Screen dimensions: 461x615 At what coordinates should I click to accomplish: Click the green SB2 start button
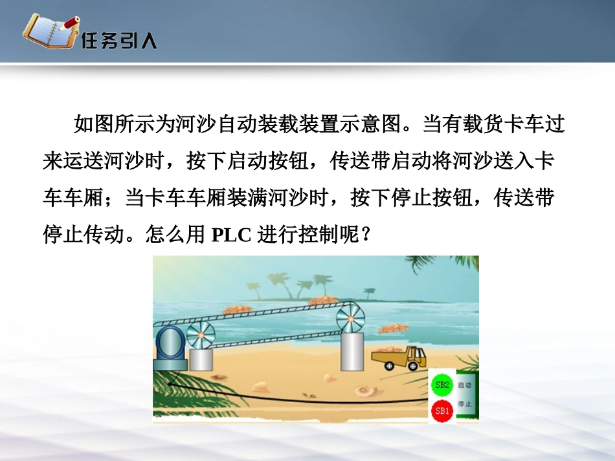[443, 387]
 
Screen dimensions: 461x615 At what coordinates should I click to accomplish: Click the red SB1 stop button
[442, 410]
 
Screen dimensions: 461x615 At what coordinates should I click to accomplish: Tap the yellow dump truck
[399, 357]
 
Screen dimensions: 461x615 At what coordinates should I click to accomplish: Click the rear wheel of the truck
[389, 366]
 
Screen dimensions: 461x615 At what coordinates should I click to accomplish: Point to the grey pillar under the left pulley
[201, 359]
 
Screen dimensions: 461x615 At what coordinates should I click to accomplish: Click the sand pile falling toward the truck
[394, 329]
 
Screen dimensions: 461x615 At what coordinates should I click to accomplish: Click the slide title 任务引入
[119, 42]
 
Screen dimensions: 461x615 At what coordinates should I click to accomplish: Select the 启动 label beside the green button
[464, 385]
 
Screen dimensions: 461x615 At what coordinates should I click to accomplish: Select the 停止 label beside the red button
[464, 405]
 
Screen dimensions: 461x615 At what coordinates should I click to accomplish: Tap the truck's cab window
[418, 353]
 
